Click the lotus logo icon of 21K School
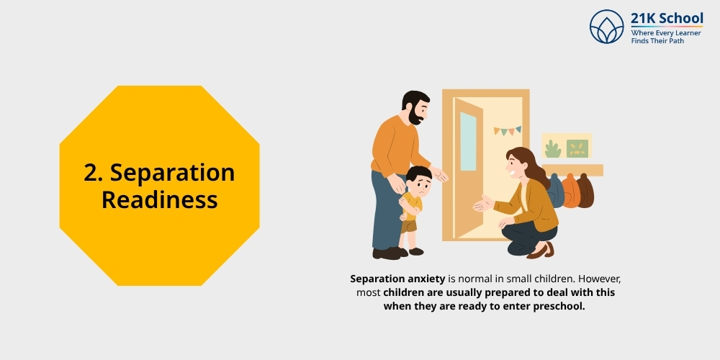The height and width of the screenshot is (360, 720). (x=606, y=27)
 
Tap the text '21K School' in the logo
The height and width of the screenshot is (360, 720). (x=667, y=18)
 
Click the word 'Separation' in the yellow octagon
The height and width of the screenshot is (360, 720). (x=173, y=173)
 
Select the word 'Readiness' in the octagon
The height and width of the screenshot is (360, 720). (x=159, y=199)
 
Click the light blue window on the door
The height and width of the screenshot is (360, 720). (x=468, y=141)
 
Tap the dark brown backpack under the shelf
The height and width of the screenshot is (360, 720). (x=585, y=192)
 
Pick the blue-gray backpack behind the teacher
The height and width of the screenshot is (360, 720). (x=555, y=191)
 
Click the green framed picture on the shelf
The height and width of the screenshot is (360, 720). (x=577, y=148)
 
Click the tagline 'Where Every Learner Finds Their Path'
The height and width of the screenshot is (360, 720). (x=662, y=37)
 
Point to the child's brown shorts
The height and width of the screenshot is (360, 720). (x=409, y=225)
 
